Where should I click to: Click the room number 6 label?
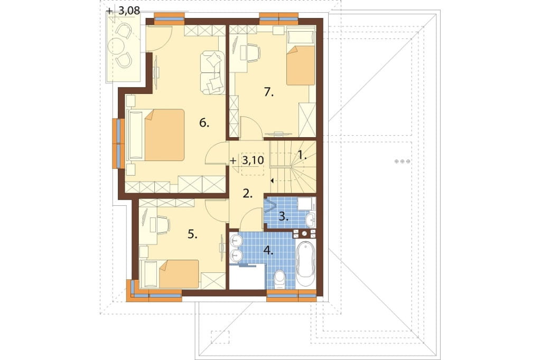click(x=204, y=122)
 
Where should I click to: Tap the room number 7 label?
click(x=268, y=92)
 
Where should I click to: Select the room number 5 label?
click(x=192, y=235)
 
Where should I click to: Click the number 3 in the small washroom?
click(x=283, y=216)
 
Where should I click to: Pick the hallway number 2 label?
click(x=247, y=193)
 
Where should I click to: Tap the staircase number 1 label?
click(x=302, y=155)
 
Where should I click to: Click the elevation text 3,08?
click(x=129, y=11)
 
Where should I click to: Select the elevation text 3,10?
click(x=253, y=160)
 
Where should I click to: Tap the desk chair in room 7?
click(x=253, y=53)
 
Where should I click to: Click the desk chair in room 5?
click(x=163, y=223)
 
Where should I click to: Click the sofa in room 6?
click(x=212, y=72)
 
